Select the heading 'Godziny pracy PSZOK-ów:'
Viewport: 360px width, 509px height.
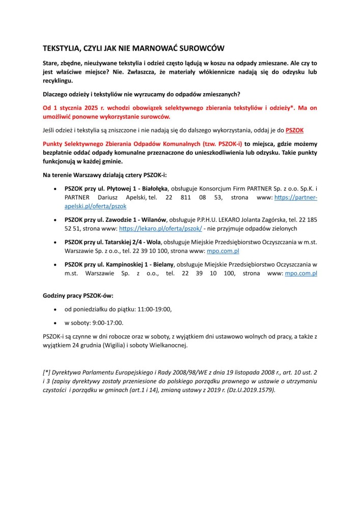coord(78,296)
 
